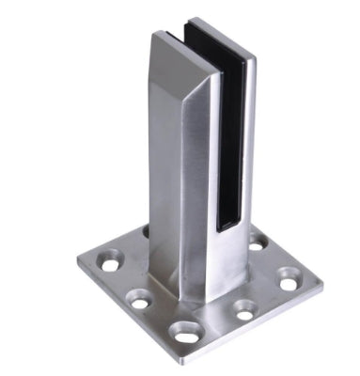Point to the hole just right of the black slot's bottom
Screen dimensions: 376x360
coord(256,244)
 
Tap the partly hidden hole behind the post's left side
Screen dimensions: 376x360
coord(146,228)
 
